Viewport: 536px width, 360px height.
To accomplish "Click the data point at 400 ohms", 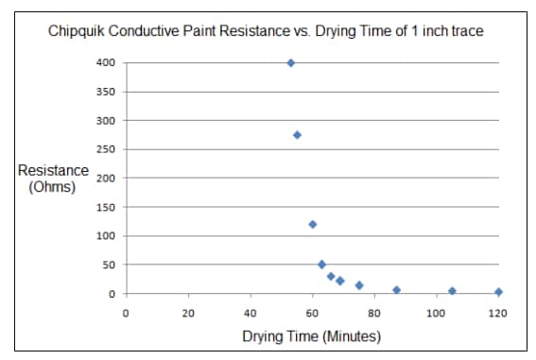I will pos(290,63).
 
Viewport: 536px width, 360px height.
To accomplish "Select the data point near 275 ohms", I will pos(297,135).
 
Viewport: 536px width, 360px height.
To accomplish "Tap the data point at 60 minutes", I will pos(312,224).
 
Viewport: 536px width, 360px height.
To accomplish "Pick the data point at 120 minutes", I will pos(498,292).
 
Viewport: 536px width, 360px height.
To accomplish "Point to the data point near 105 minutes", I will pos(452,291).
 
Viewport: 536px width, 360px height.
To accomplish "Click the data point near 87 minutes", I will pos(396,290).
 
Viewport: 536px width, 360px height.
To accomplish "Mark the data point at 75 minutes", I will pos(359,284).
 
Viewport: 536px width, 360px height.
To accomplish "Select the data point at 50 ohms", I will pos(321,265).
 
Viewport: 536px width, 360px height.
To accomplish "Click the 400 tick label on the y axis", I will pos(107,63).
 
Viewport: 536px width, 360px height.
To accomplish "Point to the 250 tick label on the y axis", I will pos(107,149).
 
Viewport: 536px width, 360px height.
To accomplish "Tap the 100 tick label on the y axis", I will pos(107,235).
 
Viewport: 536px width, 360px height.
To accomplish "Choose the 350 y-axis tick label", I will pos(107,92).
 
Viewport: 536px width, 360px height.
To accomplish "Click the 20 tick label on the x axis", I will pos(188,312).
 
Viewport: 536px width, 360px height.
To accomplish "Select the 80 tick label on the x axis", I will pos(374,312).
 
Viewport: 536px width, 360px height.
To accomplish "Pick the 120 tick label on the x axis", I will pos(497,312).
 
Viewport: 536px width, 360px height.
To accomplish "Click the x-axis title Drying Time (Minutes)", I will pos(311,336).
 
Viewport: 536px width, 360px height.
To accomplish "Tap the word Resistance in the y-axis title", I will pos(53,171).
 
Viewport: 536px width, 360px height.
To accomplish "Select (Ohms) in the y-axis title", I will pos(53,186).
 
